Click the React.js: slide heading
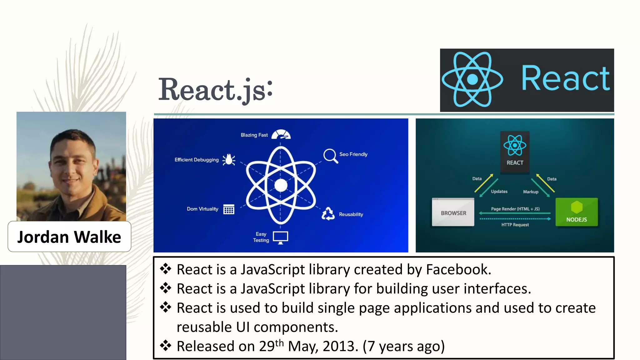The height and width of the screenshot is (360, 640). pos(216,90)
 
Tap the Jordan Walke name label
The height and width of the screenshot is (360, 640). pos(69,237)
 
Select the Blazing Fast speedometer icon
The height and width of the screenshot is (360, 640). pos(281,135)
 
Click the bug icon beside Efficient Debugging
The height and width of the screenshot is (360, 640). pos(229,160)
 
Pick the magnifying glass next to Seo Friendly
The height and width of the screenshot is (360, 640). pos(330,156)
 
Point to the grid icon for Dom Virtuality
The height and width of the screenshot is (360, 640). pos(229,209)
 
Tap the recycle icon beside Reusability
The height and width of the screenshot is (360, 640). pos(328,214)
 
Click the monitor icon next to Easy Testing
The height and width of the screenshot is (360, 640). pos(280,237)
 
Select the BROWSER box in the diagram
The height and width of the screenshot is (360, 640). pos(453,212)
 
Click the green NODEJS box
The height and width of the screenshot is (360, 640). pos(577,212)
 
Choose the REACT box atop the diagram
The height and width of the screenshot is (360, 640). pos(515,152)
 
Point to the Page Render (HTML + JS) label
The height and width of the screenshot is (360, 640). pos(515,209)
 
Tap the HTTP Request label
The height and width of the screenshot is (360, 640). pos(515,225)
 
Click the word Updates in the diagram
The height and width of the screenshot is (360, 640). pos(499,192)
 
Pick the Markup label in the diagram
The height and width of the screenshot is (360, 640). pos(531,192)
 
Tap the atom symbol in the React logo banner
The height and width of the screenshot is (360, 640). pos(472,80)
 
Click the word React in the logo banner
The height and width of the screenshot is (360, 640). pos(565,79)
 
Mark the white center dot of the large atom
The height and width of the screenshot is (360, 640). pos(281,185)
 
